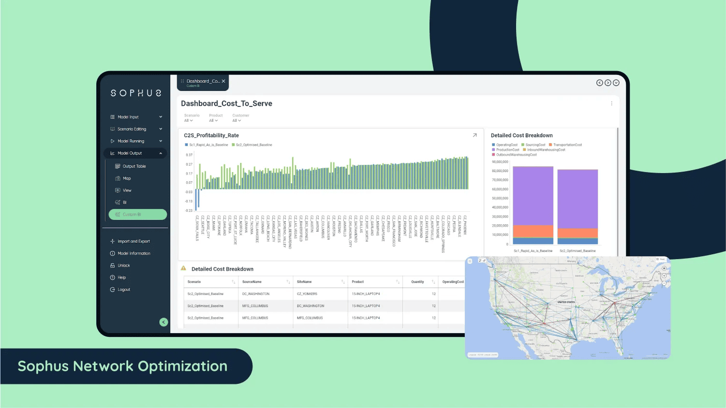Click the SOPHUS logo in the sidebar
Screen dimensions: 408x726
tap(136, 93)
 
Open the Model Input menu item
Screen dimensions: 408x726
tap(128, 117)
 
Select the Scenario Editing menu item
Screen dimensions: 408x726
tap(132, 129)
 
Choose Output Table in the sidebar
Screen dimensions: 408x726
tap(134, 166)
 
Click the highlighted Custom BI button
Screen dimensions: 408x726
tap(137, 215)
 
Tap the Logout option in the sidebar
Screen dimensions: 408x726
tap(124, 290)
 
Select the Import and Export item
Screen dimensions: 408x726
tap(133, 241)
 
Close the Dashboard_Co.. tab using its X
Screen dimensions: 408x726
tap(223, 81)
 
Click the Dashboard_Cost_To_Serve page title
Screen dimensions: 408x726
tap(226, 103)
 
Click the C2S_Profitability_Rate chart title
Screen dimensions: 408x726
tap(211, 135)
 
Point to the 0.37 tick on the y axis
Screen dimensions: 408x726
tap(189, 155)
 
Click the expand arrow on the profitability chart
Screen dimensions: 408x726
tap(474, 135)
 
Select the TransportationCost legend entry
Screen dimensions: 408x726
tap(567, 145)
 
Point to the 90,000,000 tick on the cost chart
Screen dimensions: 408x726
tap(500, 162)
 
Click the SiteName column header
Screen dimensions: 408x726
tap(304, 282)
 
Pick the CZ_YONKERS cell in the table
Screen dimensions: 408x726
tap(307, 294)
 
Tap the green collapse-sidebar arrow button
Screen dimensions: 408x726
tap(164, 322)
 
